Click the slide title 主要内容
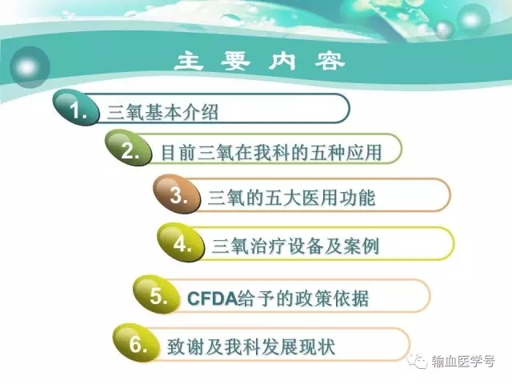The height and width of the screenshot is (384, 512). tap(259, 62)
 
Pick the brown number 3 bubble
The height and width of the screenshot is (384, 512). tap(177, 194)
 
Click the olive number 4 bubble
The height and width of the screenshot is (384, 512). tap(181, 242)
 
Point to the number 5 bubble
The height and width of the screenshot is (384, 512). tap(157, 294)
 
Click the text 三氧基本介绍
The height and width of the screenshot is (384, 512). tap(162, 113)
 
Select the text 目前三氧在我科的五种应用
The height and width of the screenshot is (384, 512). tap(271, 153)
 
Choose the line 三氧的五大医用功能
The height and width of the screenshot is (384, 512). tap(291, 198)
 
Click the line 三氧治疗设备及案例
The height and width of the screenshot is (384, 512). tap(295, 246)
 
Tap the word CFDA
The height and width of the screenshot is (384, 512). tap(212, 298)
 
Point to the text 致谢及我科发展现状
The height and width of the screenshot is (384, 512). tap(251, 346)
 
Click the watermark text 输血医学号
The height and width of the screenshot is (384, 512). tap(463, 362)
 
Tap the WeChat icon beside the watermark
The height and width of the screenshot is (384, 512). tap(419, 361)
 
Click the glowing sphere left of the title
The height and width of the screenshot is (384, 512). tap(30, 67)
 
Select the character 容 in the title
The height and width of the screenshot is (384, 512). tap(330, 62)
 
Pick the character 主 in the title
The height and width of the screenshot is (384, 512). tap(189, 62)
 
